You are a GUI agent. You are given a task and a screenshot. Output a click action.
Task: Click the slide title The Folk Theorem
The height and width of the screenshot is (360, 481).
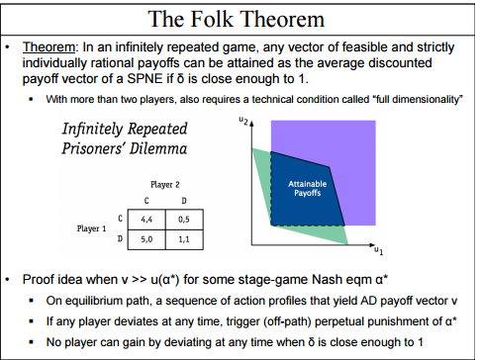[240, 19]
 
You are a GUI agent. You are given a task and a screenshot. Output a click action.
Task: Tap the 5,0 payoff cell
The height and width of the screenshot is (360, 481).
[147, 237]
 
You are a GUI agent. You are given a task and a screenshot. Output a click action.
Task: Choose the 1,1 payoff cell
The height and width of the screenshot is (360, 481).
[183, 237]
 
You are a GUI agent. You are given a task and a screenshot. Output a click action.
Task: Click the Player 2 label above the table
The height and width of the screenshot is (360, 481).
[165, 184]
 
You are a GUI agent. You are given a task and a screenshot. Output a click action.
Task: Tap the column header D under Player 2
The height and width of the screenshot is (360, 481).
[183, 201]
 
